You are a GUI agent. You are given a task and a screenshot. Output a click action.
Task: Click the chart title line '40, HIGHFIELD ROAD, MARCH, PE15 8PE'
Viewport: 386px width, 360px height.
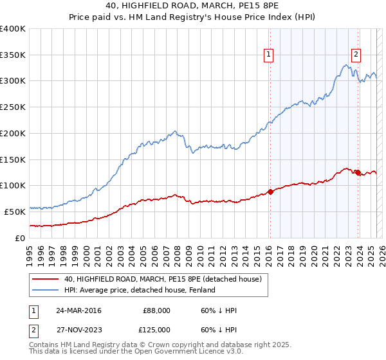pos(193,6)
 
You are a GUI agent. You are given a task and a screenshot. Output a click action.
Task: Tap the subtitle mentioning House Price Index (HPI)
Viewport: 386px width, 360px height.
pos(193,18)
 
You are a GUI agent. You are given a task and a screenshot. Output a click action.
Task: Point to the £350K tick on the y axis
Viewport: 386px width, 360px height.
pos(13,55)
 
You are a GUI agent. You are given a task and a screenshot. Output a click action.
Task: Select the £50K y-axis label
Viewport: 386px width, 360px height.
pos(15,212)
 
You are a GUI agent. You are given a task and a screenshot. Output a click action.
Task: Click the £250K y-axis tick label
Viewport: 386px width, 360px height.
pos(13,107)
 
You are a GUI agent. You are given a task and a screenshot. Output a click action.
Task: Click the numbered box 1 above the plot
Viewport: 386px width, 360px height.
pos(268,55)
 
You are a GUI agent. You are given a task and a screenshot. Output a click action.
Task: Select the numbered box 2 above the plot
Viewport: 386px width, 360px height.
pos(356,55)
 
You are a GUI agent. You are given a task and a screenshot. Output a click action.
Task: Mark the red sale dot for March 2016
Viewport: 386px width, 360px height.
pos(270,192)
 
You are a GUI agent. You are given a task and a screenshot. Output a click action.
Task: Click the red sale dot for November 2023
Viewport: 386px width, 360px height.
pos(358,172)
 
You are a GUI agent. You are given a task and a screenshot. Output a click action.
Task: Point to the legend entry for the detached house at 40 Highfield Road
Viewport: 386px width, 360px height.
pos(163,279)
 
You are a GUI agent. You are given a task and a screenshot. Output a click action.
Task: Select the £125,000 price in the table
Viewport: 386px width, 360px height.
pos(156,330)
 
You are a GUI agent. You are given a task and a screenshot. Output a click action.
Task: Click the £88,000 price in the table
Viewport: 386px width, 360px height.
pos(156,310)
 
